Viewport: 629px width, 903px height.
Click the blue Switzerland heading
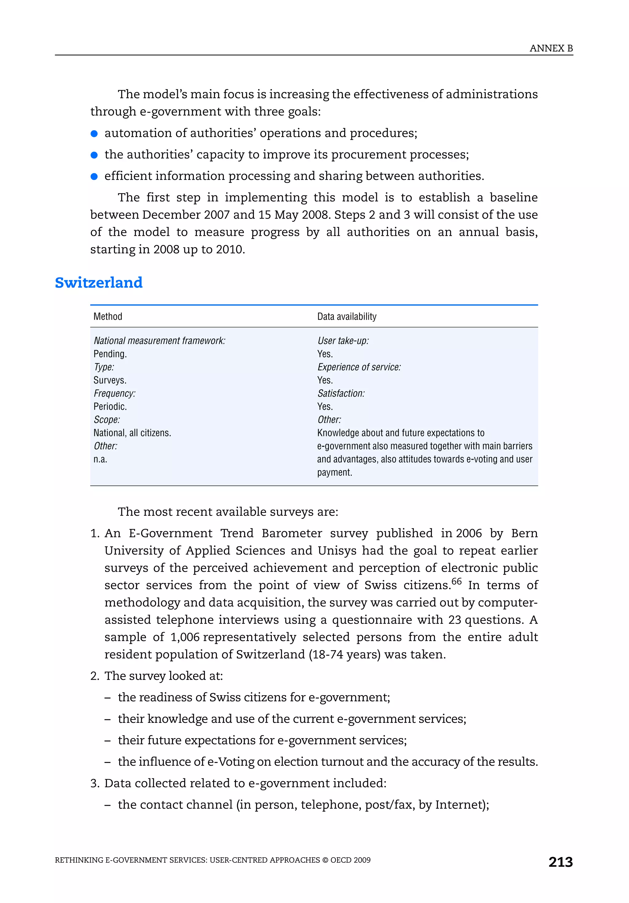pyautogui.click(x=99, y=282)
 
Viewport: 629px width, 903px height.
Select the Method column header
pyautogui.click(x=108, y=316)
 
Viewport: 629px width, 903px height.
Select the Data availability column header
pyautogui.click(x=346, y=316)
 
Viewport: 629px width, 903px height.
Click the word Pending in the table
pyautogui.click(x=110, y=354)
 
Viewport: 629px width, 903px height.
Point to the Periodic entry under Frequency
pyautogui.click(x=110, y=406)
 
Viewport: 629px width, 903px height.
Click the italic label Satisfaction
pyautogui.click(x=341, y=393)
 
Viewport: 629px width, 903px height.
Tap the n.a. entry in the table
pyautogui.click(x=100, y=459)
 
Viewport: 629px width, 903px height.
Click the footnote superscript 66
pyautogui.click(x=456, y=581)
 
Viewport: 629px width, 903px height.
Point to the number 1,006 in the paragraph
pyautogui.click(x=185, y=637)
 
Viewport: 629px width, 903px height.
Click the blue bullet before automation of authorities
pyautogui.click(x=94, y=134)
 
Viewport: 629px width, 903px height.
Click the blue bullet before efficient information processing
pyautogui.click(x=94, y=177)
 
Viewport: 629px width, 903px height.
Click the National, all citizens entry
pyautogui.click(x=132, y=433)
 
